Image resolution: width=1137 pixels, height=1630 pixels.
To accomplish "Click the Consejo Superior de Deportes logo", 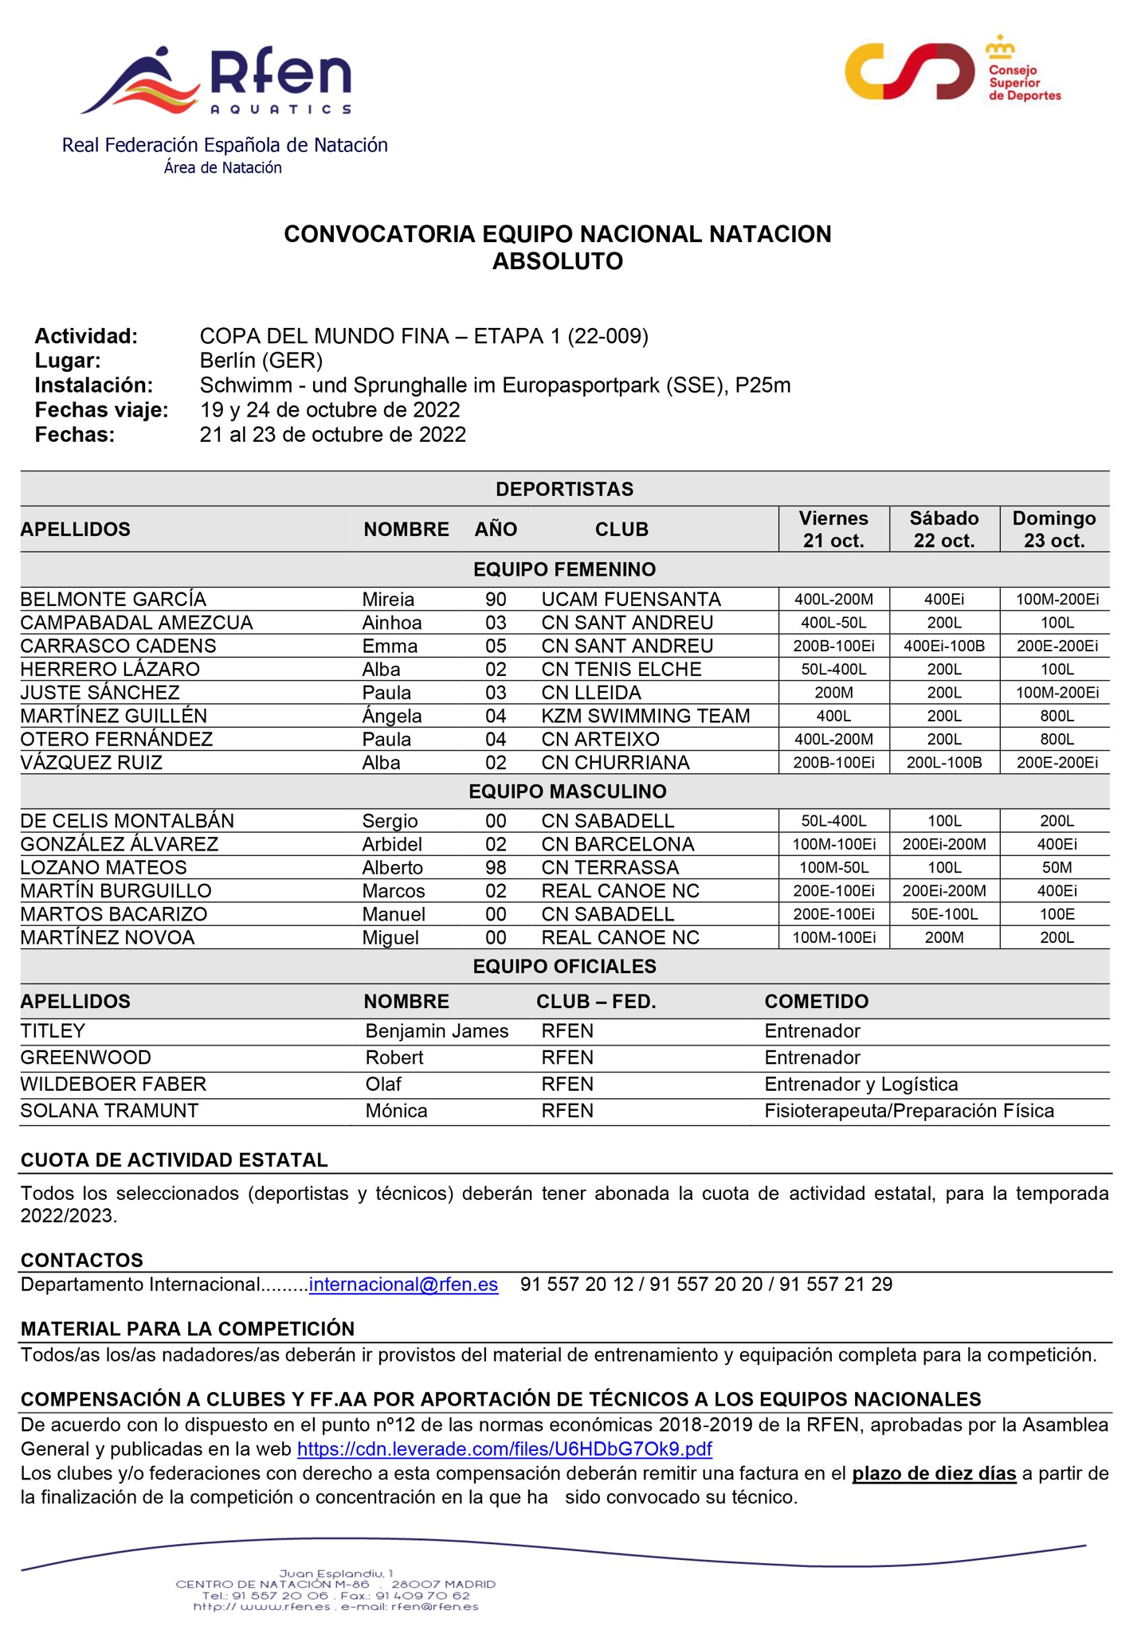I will click(x=953, y=71).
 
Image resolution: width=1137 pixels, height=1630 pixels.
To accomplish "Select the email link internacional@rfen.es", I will click(x=403, y=1284).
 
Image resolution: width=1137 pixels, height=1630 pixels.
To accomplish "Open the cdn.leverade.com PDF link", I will click(x=504, y=1448).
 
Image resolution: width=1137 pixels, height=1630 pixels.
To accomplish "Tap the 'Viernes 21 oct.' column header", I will click(x=833, y=530).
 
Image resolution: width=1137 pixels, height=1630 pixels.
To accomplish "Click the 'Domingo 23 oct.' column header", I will click(x=1054, y=530).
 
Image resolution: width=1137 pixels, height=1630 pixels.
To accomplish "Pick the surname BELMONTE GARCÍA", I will click(x=113, y=600).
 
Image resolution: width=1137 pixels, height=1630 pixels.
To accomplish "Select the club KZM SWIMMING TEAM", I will click(x=645, y=716).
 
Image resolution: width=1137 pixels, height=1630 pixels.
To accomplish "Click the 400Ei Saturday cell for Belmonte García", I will click(x=944, y=600).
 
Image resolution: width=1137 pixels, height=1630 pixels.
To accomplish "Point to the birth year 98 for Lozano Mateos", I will click(x=496, y=867).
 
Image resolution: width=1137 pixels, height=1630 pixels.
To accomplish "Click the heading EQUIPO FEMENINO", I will click(x=564, y=569).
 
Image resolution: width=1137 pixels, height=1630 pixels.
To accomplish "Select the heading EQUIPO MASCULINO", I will click(x=567, y=792).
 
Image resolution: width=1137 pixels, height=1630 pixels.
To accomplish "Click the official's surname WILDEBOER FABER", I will click(x=113, y=1084).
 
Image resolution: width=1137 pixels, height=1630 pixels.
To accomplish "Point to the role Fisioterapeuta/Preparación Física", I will click(x=909, y=1111).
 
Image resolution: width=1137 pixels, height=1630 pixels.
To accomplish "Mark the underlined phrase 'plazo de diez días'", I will click(x=934, y=1473).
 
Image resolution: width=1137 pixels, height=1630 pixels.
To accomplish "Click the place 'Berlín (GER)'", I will click(x=261, y=361).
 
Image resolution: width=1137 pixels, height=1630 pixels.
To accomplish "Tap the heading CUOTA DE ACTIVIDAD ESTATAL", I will click(x=174, y=1160).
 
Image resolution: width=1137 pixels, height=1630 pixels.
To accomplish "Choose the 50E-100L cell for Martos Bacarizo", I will click(x=944, y=914).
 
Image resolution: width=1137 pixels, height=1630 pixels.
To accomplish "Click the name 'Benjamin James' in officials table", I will click(x=437, y=1031).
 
